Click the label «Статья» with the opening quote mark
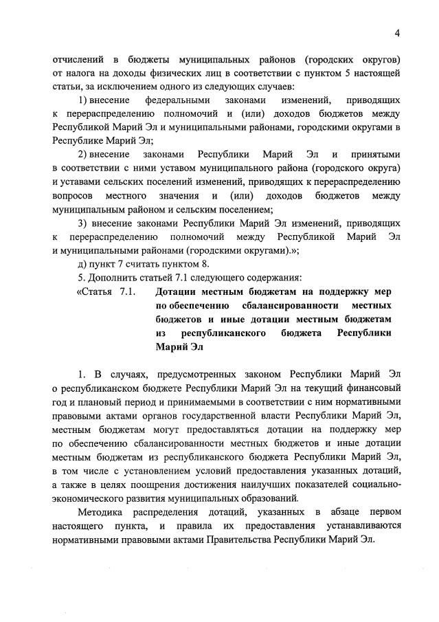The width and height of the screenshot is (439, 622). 95,292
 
